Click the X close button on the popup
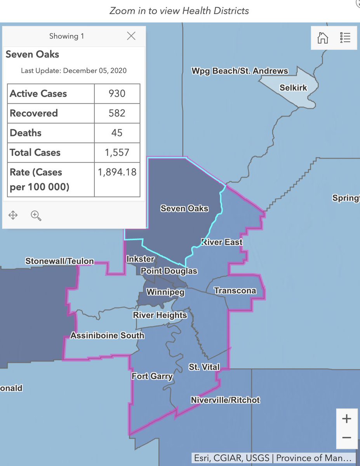(131, 36)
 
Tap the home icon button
(323, 37)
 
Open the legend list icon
(345, 37)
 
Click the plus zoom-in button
(346, 419)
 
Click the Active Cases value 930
(117, 94)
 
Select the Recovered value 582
(117, 113)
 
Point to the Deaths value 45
(117, 133)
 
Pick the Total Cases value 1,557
(117, 152)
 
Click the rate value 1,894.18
(117, 172)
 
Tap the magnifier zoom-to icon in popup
(36, 215)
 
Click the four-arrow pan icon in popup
(13, 215)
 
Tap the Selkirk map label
(293, 88)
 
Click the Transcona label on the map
(235, 290)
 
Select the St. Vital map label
(204, 367)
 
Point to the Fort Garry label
(152, 376)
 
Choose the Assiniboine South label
(107, 335)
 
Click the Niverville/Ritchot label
(225, 400)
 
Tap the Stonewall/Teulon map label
(59, 261)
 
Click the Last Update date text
(73, 71)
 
